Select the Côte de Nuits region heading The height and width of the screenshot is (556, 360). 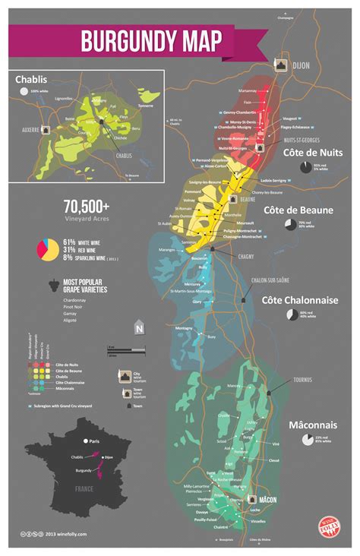312,153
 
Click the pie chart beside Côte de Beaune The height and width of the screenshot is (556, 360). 292,225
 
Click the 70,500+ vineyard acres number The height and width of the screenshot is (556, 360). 87,207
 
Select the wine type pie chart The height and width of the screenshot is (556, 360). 47,249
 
